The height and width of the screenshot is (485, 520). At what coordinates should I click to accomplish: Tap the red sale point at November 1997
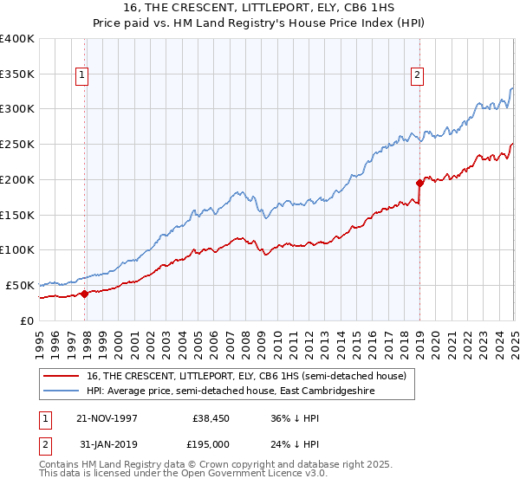pyautogui.click(x=85, y=294)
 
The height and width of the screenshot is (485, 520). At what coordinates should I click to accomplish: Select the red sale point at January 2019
pyautogui.click(x=419, y=183)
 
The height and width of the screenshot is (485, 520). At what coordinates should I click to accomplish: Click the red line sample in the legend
pyautogui.click(x=62, y=375)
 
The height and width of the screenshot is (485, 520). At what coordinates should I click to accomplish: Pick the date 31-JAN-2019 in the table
pyautogui.click(x=107, y=443)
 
